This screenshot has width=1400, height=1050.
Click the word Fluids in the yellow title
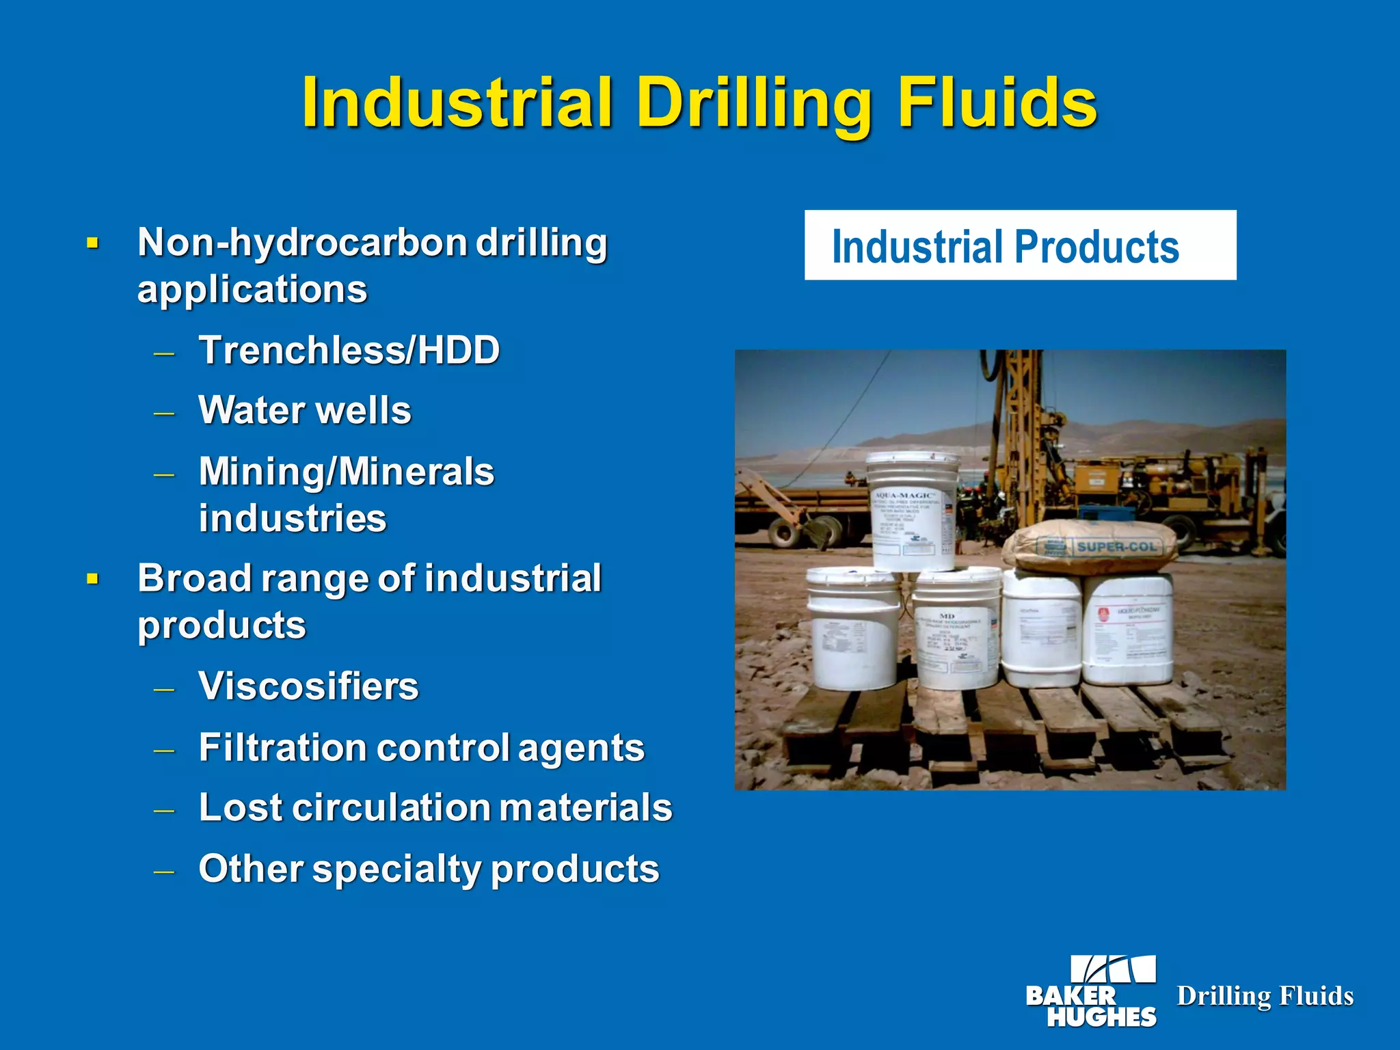[997, 103]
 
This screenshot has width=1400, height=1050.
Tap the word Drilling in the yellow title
[753, 103]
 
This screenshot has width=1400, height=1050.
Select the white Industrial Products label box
[1020, 245]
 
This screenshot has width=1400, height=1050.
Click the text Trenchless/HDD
[349, 351]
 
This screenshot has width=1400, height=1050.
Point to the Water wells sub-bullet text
[305, 411]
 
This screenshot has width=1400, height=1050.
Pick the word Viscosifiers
[308, 686]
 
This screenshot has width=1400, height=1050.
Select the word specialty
[397, 870]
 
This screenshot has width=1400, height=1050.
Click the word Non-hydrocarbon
[302, 243]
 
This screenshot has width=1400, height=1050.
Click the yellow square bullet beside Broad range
[93, 580]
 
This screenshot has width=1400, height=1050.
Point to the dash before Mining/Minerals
[164, 474]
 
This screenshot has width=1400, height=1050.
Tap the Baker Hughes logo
[1092, 991]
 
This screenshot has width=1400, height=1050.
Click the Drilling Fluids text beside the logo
[1265, 996]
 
